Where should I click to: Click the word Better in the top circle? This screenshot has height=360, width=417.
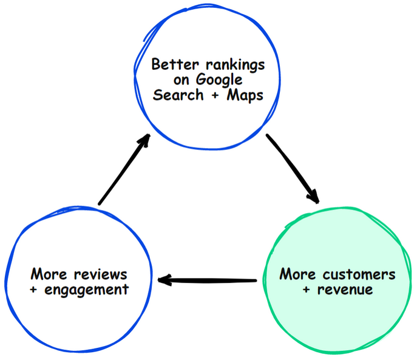(x=175, y=64)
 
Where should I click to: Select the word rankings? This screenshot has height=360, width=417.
(x=236, y=66)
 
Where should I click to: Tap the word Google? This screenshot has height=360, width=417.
(x=219, y=80)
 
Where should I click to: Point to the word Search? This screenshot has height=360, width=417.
(x=178, y=95)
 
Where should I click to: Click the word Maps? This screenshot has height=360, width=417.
(x=245, y=96)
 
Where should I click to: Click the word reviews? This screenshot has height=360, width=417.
(x=101, y=274)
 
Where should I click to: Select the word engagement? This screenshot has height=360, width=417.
(x=87, y=290)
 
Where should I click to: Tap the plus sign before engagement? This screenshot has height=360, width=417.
(x=33, y=290)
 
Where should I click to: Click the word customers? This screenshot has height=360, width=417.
(x=359, y=274)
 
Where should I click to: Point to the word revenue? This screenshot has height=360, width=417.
(x=345, y=290)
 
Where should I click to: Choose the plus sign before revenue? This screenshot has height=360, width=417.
(x=307, y=290)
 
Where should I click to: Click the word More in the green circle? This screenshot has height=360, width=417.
(x=297, y=274)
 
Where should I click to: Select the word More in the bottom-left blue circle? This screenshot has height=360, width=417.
(x=49, y=274)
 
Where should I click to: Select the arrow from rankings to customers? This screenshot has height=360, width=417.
(x=293, y=168)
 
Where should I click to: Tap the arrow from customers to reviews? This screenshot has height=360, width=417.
(x=207, y=280)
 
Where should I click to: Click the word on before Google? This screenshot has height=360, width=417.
(x=181, y=80)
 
